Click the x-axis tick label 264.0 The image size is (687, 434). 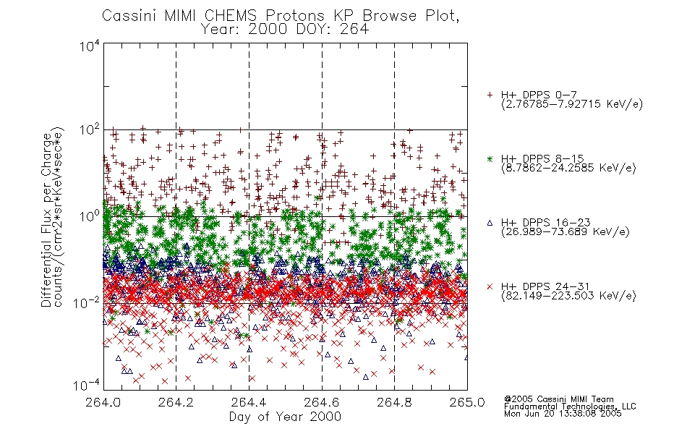103,402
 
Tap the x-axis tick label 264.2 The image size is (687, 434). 176,402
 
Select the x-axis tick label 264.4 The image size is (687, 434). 249,402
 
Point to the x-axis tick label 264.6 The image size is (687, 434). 322,402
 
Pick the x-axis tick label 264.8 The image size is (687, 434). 394,402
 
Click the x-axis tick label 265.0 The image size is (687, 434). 467,402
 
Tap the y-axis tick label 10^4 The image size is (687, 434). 90,46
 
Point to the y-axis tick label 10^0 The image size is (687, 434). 90,216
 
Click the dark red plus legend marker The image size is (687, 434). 490,95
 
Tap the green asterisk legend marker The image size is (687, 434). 490,158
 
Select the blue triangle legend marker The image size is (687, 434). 490,223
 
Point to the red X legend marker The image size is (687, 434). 490,286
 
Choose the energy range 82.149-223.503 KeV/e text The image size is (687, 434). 568,296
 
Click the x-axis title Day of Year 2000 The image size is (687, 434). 285,417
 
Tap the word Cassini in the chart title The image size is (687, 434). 129,16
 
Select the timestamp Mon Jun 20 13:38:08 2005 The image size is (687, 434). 563,414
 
